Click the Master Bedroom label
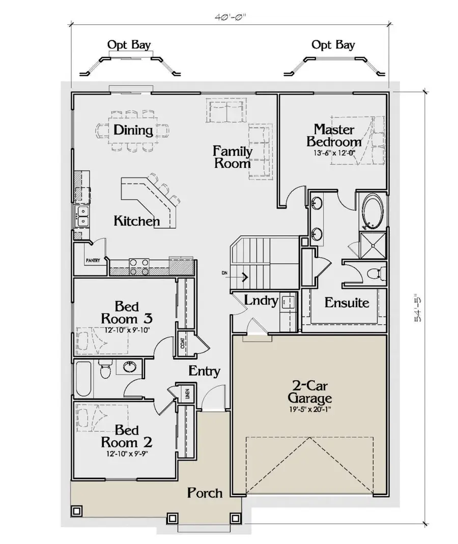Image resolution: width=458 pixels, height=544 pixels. (x=334, y=135)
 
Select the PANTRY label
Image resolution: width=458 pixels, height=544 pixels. (x=92, y=260)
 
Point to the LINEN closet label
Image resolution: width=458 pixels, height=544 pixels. (x=187, y=395)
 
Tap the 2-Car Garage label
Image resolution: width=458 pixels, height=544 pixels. (x=309, y=391)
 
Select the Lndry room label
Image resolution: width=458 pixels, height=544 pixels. (x=261, y=300)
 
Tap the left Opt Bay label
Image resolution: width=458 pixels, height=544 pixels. (x=129, y=45)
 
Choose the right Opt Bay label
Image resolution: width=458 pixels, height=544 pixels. (x=333, y=45)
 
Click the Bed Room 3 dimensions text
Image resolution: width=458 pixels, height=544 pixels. (x=128, y=329)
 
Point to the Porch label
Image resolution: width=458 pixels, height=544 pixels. (x=205, y=492)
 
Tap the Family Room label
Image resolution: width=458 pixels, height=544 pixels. (x=232, y=157)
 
